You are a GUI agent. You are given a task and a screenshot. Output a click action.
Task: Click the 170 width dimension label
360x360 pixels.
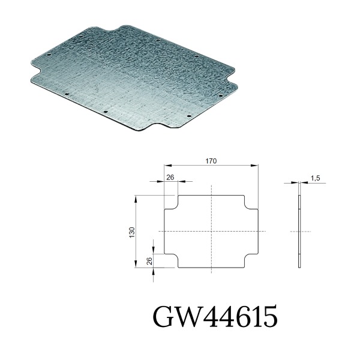(x=211, y=161)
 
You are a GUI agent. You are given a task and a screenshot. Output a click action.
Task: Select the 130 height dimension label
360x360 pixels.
(x=132, y=232)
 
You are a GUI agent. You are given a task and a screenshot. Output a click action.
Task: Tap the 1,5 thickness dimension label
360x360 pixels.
(x=315, y=178)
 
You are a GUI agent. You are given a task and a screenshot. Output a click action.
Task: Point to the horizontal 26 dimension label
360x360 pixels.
(x=170, y=177)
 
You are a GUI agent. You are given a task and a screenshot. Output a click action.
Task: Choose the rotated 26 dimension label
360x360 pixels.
(x=149, y=261)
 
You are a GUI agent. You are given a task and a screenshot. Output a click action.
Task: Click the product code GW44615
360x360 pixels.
(x=215, y=316)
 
